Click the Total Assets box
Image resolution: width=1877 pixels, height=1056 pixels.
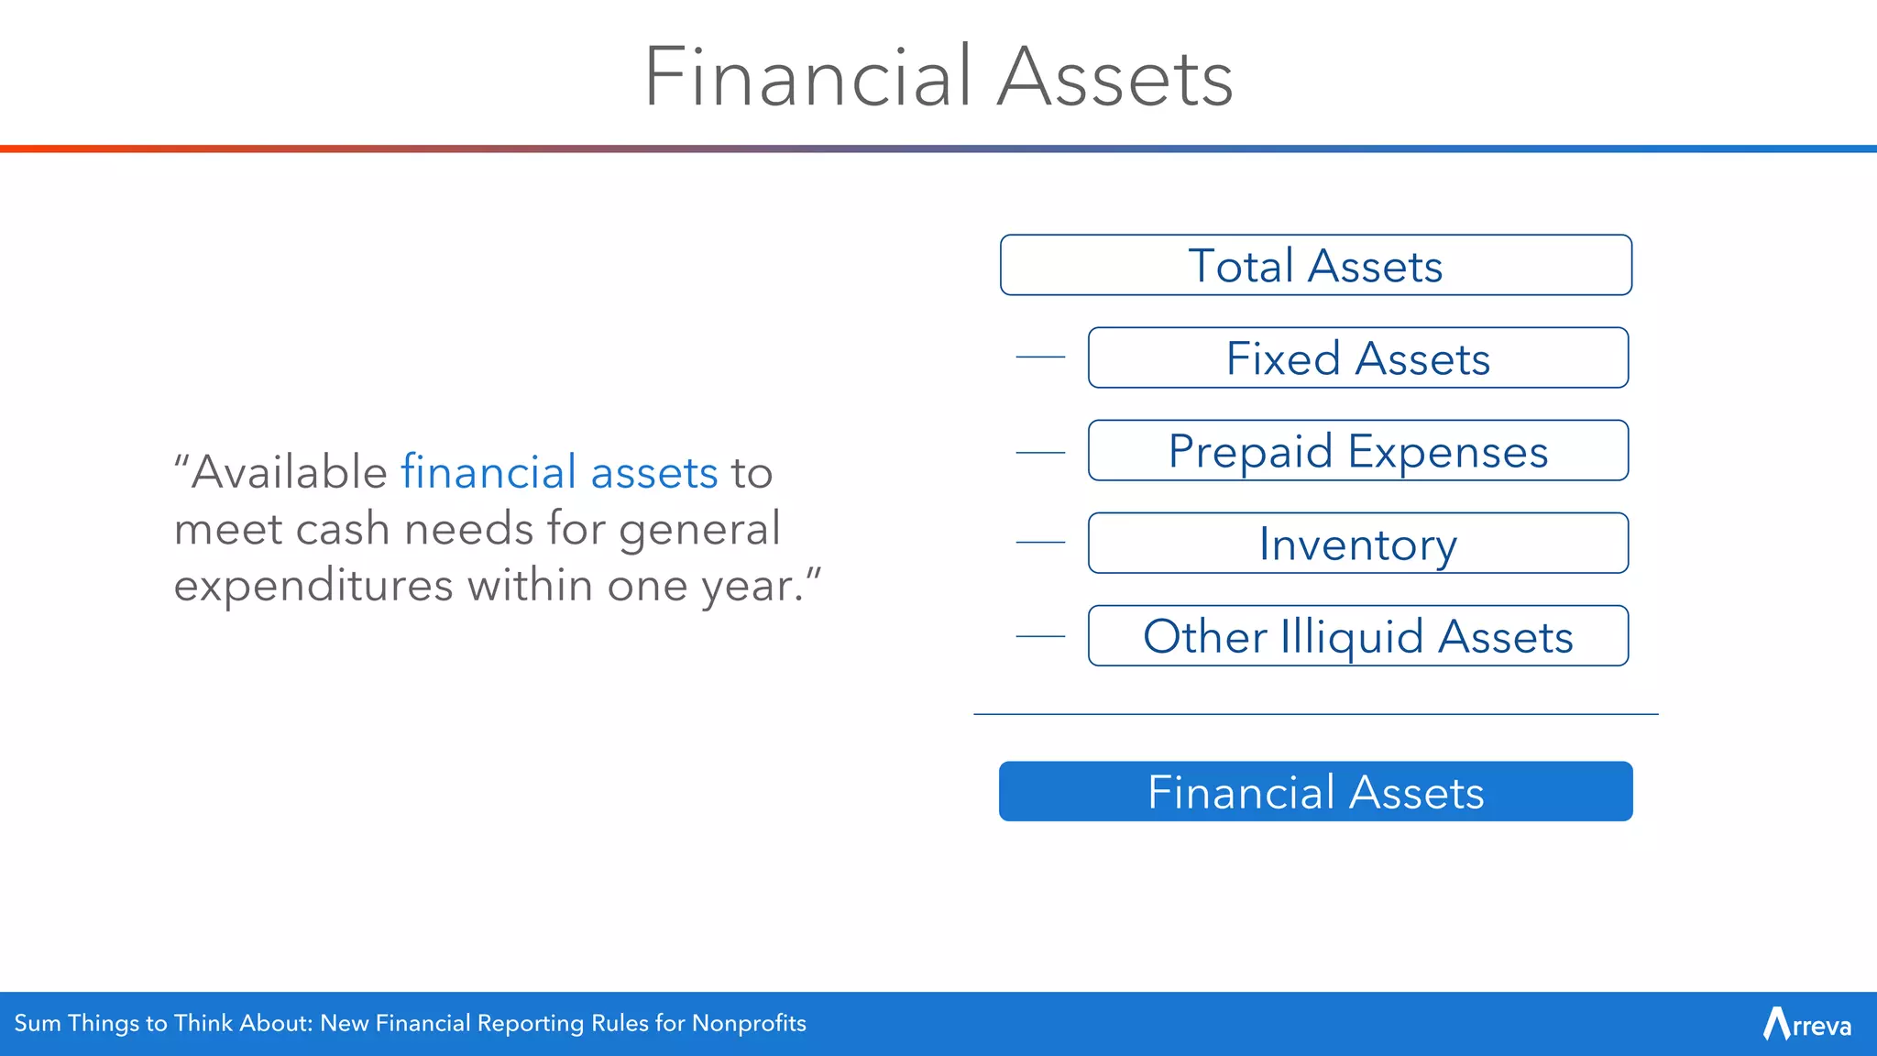[1315, 266]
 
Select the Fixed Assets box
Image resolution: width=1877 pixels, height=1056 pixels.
[1357, 358]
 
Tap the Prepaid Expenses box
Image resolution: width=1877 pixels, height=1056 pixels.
[1357, 451]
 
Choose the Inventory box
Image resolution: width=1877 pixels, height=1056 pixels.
[1357, 544]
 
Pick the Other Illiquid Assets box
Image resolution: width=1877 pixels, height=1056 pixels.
[1357, 636]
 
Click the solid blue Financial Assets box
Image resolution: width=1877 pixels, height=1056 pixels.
[1315, 792]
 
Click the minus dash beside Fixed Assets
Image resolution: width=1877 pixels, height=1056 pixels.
[1040, 357]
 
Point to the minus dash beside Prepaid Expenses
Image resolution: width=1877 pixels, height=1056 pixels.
[1040, 453]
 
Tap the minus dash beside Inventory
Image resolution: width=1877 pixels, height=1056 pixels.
[1040, 543]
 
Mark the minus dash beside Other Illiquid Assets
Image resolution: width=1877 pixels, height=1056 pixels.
[1040, 636]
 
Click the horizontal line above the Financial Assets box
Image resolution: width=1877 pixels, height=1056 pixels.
[1315, 714]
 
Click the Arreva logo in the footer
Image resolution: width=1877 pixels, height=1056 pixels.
[1806, 1024]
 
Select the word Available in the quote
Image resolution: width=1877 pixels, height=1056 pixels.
[289, 473]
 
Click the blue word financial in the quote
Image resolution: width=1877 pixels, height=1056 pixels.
[488, 473]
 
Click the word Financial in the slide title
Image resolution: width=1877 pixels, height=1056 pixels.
[807, 77]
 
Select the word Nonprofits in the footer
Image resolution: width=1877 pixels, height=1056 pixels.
[749, 1024]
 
